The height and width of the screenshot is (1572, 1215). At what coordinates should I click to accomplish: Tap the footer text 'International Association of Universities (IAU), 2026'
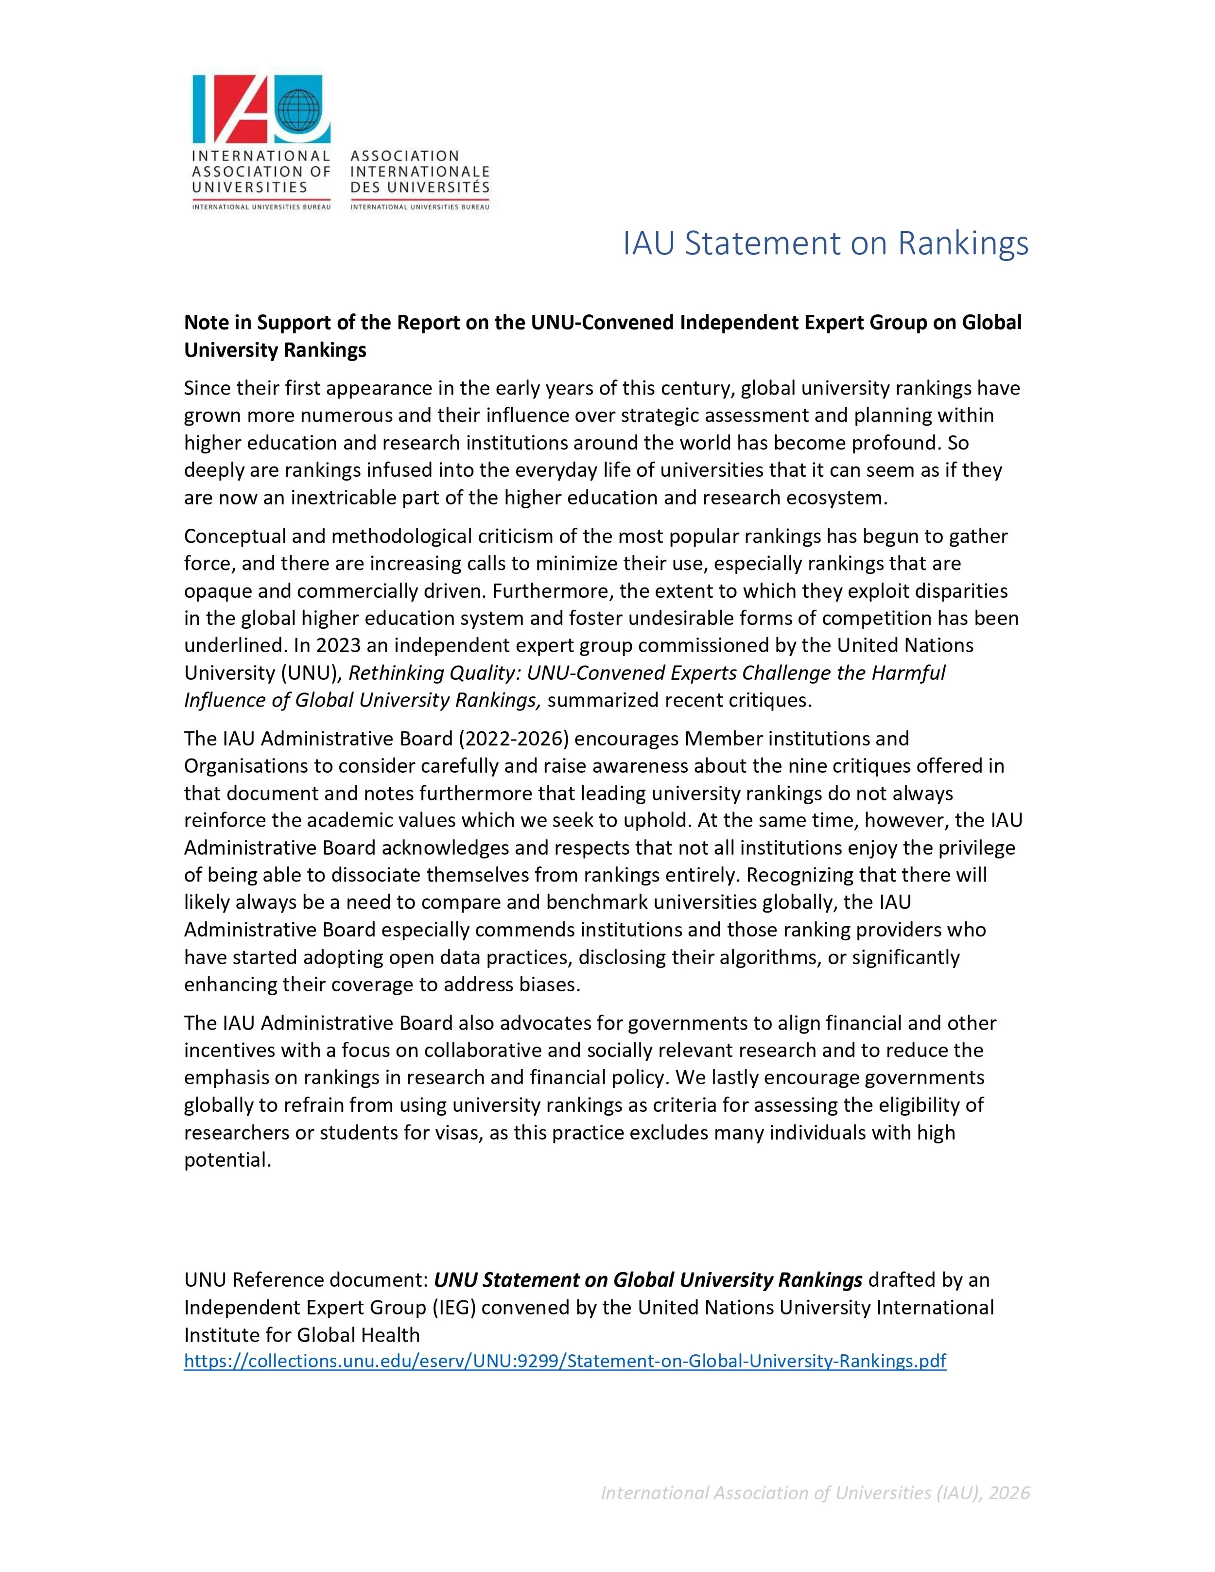[x=815, y=1493]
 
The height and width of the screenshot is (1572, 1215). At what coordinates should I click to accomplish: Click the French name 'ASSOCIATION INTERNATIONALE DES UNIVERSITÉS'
[x=419, y=172]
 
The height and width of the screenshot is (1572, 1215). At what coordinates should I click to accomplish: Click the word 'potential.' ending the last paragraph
[x=227, y=1159]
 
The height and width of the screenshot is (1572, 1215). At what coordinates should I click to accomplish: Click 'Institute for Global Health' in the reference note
[x=302, y=1334]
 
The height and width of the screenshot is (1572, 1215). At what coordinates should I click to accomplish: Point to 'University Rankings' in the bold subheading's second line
[x=275, y=350]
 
